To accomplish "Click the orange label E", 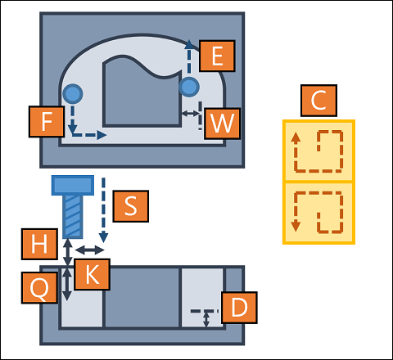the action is tap(217, 56).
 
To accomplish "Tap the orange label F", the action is tap(47, 122).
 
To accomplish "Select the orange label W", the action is tap(222, 124).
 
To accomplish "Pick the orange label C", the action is tap(318, 101).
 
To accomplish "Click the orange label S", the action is tap(131, 206).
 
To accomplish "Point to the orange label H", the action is tap(39, 244).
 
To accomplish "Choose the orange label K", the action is tap(93, 274).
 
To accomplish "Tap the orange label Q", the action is tap(39, 288).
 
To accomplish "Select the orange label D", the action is tap(239, 308).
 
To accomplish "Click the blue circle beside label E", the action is tap(189, 87).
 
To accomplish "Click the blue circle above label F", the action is tap(73, 94).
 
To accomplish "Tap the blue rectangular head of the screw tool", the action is tap(73, 186).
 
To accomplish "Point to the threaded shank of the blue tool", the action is tap(73, 217).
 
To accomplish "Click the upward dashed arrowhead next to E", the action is tap(189, 45).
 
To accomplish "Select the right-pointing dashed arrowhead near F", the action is tap(102, 135).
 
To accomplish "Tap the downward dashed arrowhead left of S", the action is tap(103, 238).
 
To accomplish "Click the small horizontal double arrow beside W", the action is tap(191, 113).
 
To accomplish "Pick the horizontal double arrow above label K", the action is tap(89, 250).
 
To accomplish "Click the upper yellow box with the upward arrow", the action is tap(318, 151).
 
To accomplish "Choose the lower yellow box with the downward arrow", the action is tap(318, 213).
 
